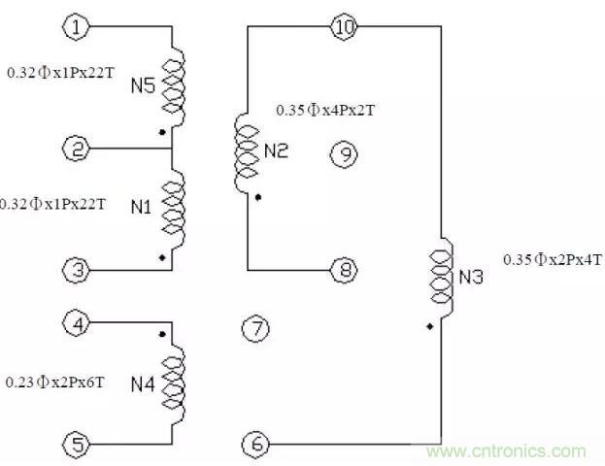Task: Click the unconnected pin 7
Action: tap(254, 329)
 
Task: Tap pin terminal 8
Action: tap(345, 269)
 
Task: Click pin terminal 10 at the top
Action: tap(345, 27)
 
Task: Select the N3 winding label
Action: tap(472, 277)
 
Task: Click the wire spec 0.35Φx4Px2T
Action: tap(325, 111)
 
